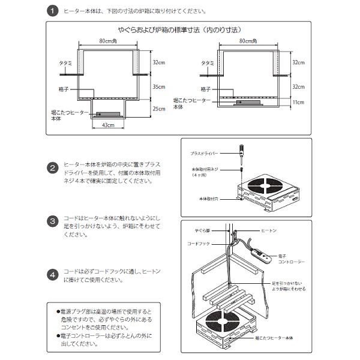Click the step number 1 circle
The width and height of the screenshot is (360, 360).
click(53, 11)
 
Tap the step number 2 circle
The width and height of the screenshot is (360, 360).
click(53, 168)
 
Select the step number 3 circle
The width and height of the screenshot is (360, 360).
click(53, 220)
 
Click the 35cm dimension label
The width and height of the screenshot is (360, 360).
click(159, 86)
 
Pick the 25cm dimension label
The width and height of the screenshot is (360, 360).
click(159, 109)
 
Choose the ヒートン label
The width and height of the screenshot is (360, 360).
click(268, 230)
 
